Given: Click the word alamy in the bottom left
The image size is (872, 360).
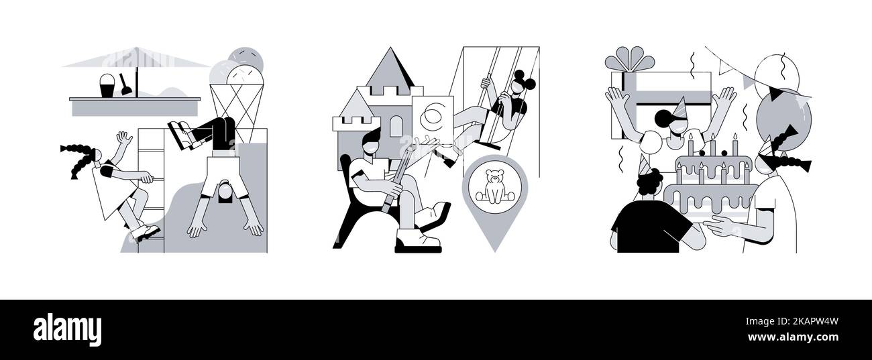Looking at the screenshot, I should click(x=67, y=330).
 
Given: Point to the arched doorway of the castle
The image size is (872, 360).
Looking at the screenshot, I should click(x=396, y=127).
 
